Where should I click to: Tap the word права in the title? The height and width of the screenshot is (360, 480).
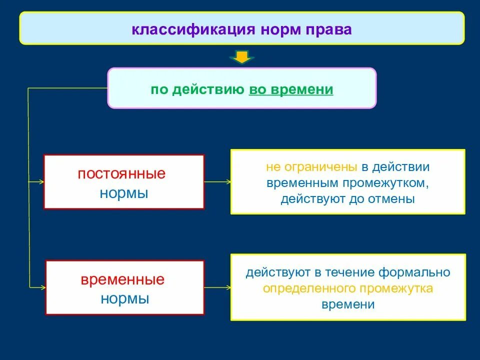point(330,29)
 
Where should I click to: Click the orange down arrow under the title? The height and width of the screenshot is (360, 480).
point(242,57)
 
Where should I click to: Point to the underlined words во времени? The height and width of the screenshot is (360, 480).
point(290,89)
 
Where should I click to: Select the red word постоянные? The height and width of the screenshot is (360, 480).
point(121,174)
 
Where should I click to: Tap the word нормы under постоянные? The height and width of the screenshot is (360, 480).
point(123,193)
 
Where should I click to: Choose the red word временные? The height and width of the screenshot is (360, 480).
point(122,279)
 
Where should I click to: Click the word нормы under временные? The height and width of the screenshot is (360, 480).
point(124,298)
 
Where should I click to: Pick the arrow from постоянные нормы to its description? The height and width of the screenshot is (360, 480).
point(217,182)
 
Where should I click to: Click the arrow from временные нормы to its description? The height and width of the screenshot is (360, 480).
point(217,287)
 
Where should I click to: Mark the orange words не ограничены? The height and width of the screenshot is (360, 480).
point(311,166)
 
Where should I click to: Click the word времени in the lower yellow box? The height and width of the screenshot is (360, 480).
point(348,304)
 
